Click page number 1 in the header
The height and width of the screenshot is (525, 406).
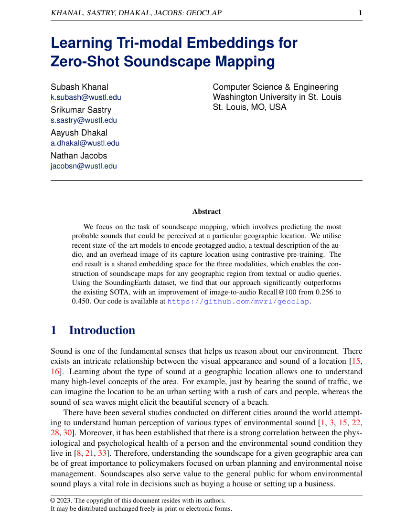tap(360, 13)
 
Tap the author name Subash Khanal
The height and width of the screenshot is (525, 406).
tap(79, 87)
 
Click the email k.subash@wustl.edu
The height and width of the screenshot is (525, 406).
tap(86, 97)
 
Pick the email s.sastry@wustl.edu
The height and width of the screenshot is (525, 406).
tap(84, 120)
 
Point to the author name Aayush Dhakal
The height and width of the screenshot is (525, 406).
tap(79, 133)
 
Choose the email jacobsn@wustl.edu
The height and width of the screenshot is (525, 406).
tap(84, 166)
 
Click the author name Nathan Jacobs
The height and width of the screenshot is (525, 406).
tap(79, 156)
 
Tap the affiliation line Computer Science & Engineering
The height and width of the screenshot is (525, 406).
tap(275, 87)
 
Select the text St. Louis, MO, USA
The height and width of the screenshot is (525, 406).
tap(249, 107)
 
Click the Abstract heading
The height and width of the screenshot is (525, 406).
tap(206, 211)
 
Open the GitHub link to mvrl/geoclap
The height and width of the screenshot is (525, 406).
tap(238, 302)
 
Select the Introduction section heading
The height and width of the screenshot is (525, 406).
tap(102, 330)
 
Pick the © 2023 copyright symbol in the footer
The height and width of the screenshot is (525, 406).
tap(53, 500)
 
